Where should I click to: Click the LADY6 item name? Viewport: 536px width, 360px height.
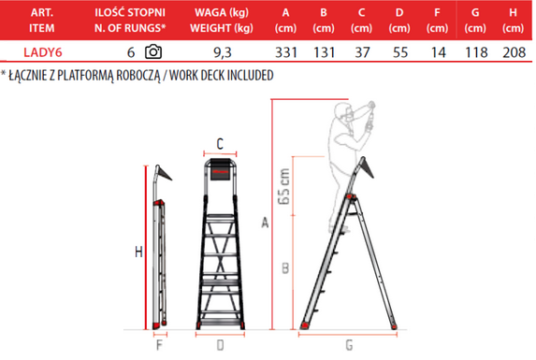(43, 52)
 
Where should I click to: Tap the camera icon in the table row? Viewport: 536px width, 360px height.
(153, 51)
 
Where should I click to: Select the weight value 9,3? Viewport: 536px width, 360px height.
(223, 52)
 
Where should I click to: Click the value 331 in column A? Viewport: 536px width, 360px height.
(286, 52)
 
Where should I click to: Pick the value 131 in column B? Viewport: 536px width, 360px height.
(324, 52)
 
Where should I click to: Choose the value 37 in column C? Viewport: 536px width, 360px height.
(362, 52)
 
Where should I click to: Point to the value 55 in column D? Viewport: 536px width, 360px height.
(400, 52)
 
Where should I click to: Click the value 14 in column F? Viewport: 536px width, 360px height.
(438, 52)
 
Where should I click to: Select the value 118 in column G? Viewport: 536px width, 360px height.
(476, 52)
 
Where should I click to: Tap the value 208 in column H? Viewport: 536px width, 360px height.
(514, 52)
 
